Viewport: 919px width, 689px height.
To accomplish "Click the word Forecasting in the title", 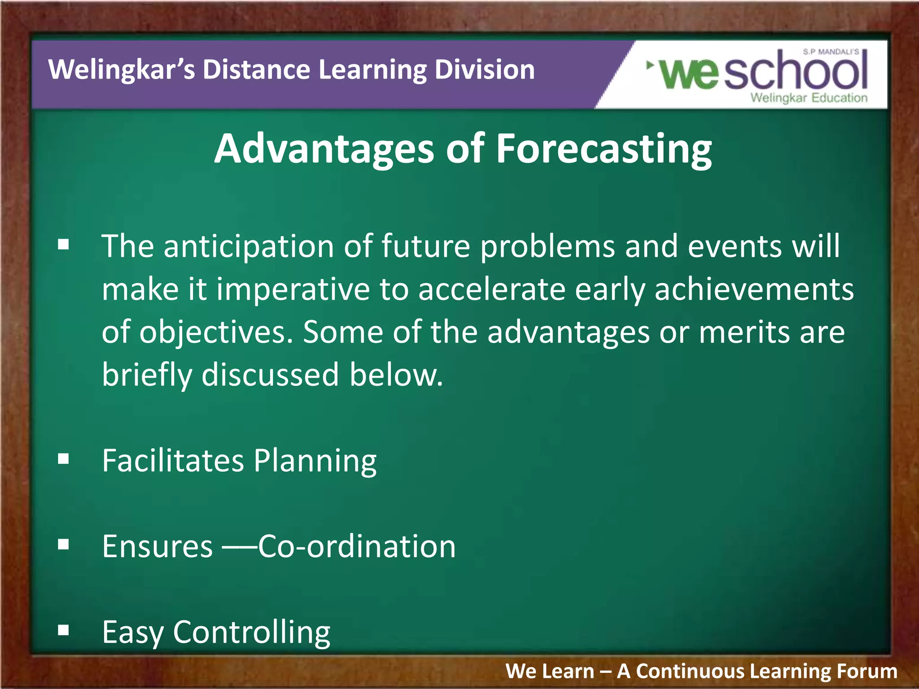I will coord(603,149).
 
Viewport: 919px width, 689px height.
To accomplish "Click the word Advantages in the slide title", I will coord(324,149).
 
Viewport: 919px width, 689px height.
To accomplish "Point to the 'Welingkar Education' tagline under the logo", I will coord(809,98).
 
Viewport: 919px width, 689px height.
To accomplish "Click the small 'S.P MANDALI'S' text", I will coord(831,52).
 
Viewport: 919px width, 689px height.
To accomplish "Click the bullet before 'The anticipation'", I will coord(63,244).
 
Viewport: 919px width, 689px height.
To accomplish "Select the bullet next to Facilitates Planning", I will coord(63,459).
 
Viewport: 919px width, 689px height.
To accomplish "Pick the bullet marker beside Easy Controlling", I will coord(63,630).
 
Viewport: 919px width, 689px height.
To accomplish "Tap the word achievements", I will coord(754,289).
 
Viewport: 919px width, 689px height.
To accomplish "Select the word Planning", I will coord(315,461).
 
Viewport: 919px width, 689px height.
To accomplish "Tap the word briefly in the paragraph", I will coord(146,375).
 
